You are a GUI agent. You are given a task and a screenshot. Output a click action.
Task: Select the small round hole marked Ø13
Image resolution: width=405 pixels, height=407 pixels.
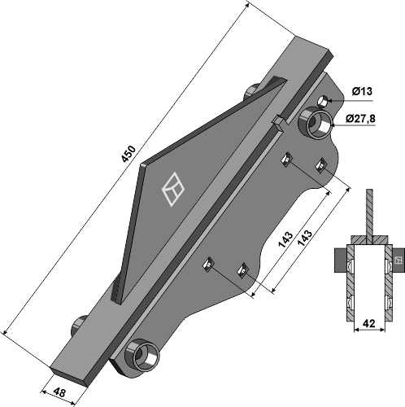[x=323, y=102]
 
